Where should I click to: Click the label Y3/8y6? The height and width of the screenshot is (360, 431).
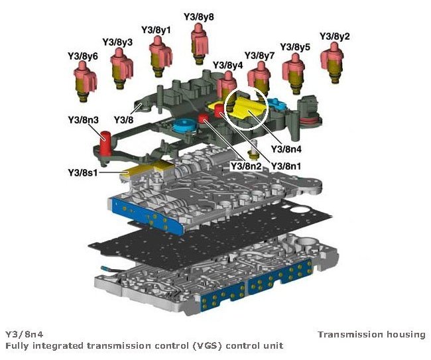click(x=83, y=56)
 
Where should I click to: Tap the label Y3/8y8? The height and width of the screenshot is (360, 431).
click(x=199, y=15)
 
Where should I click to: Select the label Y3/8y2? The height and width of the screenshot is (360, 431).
click(x=336, y=36)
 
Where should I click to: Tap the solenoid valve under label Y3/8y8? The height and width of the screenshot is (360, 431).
click(x=198, y=41)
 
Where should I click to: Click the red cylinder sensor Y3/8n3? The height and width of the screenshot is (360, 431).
click(x=105, y=141)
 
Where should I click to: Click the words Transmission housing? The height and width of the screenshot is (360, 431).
click(x=371, y=334)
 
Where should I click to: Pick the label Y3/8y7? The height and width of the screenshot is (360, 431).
click(x=260, y=55)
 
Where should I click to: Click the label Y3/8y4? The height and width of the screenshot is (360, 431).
click(x=227, y=66)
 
